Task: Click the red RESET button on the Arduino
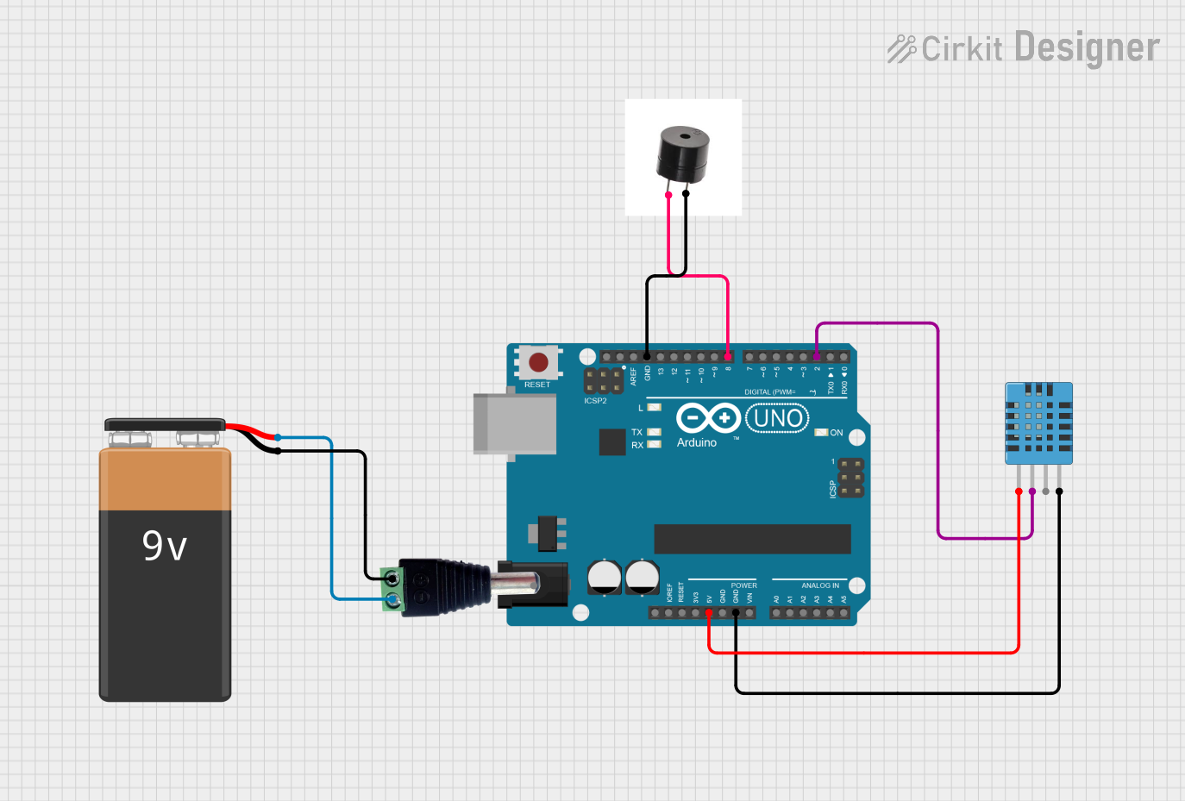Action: click(538, 362)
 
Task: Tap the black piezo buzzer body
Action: click(683, 153)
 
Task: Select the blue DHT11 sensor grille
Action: click(1038, 422)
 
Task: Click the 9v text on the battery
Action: click(164, 546)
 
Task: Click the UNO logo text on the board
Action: click(777, 419)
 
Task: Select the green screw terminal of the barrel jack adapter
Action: click(393, 589)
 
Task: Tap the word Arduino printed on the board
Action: click(696, 442)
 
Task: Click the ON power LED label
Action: click(836, 433)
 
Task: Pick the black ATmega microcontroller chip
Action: click(752, 539)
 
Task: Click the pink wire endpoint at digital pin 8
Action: click(728, 356)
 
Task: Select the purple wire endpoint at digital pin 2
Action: click(817, 356)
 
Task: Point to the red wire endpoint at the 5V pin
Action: click(709, 612)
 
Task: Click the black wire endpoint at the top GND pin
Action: click(647, 356)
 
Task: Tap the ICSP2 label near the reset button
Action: click(595, 401)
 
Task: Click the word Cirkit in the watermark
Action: click(962, 49)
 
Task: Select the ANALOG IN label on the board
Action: click(819, 585)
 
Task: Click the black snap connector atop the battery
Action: click(165, 424)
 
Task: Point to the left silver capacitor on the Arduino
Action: click(605, 577)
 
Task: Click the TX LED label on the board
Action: click(636, 432)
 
